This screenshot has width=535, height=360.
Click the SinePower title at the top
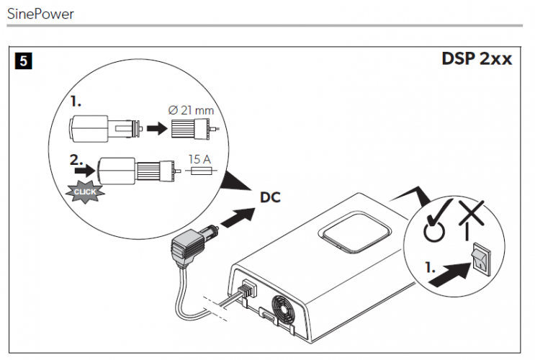40,14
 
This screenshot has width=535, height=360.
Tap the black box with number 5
24,60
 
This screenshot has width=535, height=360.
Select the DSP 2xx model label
477,58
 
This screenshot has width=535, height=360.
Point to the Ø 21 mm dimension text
191,110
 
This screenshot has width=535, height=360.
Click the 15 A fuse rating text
199,159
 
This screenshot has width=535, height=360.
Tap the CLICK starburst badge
85,192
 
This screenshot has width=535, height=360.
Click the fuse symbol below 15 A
202,170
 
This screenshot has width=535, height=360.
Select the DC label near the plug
270,197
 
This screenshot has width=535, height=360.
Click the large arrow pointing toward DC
238,217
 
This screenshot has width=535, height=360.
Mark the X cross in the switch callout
471,213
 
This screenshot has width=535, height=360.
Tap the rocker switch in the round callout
482,258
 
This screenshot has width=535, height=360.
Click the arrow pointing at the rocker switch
450,274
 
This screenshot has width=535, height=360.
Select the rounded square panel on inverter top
354,232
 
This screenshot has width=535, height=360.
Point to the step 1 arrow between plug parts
157,129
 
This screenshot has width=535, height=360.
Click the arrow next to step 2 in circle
85,170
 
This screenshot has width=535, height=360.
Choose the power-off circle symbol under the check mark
434,232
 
